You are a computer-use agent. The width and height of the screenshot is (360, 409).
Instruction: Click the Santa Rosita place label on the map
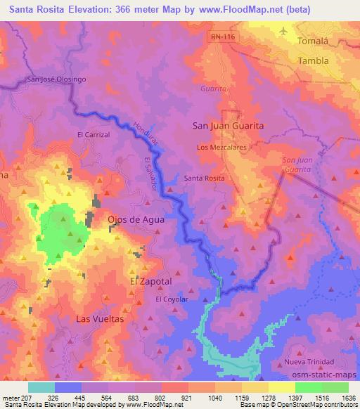[x=204, y=178]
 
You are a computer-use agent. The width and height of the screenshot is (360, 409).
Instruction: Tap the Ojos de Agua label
[x=136, y=219]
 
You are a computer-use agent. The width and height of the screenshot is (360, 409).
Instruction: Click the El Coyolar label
[x=172, y=299]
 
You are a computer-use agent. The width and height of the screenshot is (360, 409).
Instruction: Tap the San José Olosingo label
[x=56, y=79]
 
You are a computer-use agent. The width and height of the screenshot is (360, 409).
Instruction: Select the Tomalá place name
[x=314, y=41]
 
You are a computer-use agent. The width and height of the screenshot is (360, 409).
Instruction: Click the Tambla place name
[x=314, y=60]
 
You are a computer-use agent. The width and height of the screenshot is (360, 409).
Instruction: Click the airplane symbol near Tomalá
[x=283, y=31]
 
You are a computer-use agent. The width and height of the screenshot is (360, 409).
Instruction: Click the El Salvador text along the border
[x=149, y=172]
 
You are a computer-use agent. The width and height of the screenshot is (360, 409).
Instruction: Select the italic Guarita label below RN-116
[x=213, y=90]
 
